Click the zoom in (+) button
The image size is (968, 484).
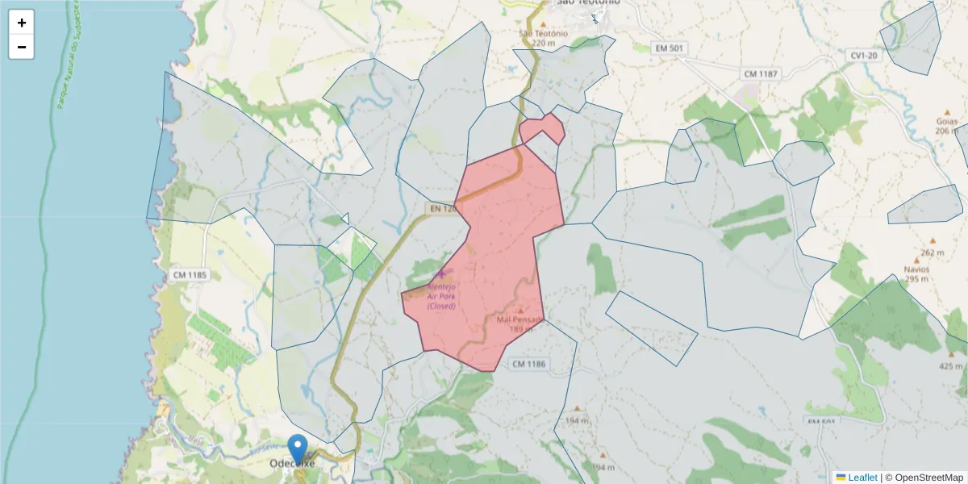click(22, 23)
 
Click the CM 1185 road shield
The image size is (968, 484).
click(190, 275)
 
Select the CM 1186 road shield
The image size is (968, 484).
click(529, 365)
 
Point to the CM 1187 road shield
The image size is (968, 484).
click(761, 74)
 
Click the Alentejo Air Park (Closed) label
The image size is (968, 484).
click(441, 296)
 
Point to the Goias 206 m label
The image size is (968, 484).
click(947, 126)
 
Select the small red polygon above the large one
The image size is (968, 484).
click(541, 129)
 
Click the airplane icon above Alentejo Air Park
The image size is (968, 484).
click(441, 274)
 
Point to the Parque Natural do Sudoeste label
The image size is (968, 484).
click(66, 56)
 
